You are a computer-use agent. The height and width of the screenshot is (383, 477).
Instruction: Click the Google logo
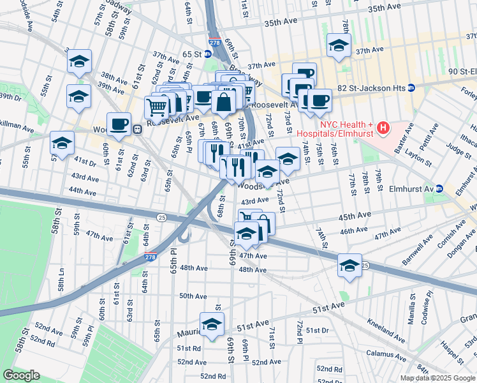pyautogui.click(x=21, y=375)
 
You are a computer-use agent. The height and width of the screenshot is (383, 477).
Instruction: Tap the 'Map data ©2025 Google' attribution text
pyautogui.click(x=437, y=378)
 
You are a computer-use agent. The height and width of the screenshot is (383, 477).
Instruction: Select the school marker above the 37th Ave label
pyautogui.click(x=339, y=45)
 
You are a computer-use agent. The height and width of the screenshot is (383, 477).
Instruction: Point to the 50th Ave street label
pyautogui.click(x=193, y=296)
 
